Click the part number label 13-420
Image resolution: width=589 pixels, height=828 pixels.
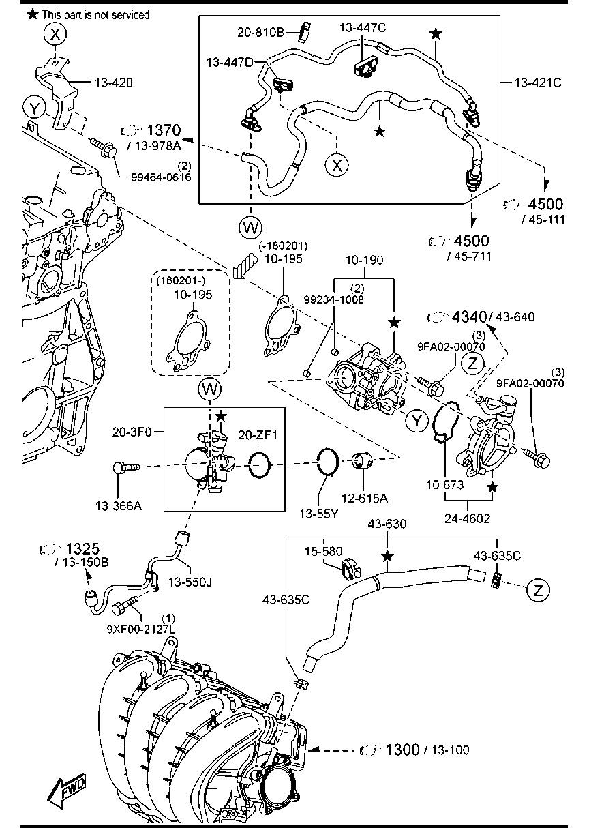click(x=114, y=83)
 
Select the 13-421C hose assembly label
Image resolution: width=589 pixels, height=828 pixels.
click(x=538, y=83)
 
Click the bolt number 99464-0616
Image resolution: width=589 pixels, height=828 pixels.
click(x=161, y=177)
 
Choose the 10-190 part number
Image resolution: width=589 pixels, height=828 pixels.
click(x=364, y=261)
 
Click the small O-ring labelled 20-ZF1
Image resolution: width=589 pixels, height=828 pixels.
click(x=260, y=465)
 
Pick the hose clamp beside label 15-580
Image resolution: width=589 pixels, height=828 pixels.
click(x=350, y=568)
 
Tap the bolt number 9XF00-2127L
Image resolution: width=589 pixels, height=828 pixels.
click(x=140, y=629)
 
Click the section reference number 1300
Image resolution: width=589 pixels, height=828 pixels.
click(x=402, y=750)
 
